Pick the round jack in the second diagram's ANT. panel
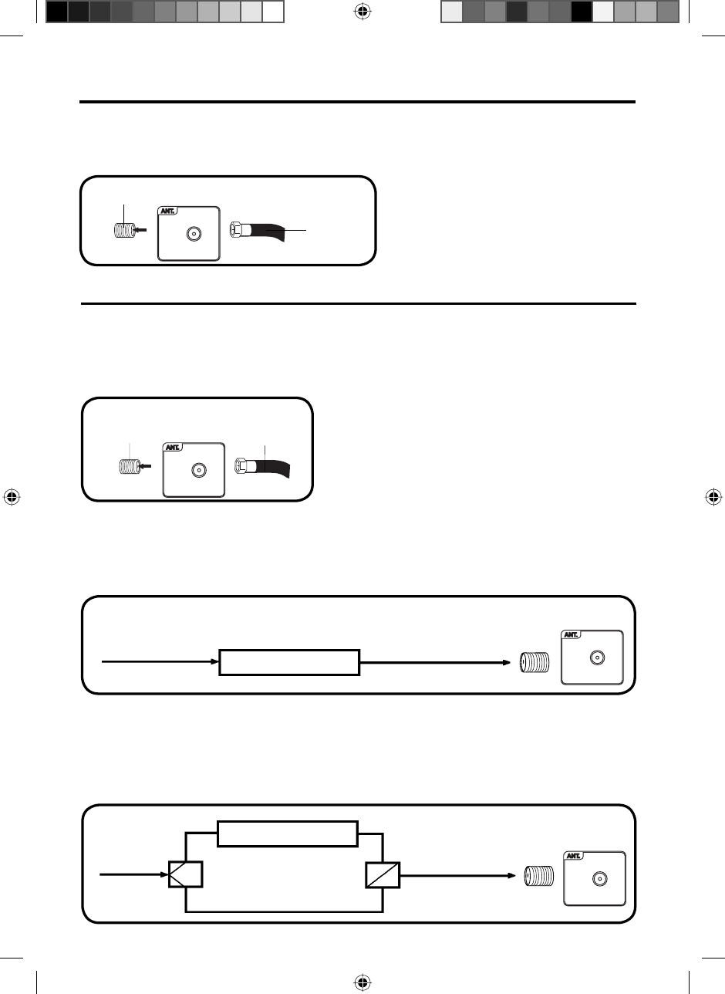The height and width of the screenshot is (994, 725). [x=198, y=468]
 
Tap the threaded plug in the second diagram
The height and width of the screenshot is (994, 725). [x=126, y=467]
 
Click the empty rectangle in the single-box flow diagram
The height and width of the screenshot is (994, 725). [x=290, y=662]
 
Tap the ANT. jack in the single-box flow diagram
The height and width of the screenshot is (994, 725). [x=595, y=658]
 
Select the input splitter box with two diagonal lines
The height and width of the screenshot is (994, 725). [x=186, y=875]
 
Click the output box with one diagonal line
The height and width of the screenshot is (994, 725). [x=383, y=875]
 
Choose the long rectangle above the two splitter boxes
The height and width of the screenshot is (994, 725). [x=288, y=834]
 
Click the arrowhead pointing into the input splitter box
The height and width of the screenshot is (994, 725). [x=164, y=875]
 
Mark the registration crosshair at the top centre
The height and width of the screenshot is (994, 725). [x=362, y=12]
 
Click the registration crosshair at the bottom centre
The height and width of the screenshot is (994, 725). [x=362, y=982]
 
